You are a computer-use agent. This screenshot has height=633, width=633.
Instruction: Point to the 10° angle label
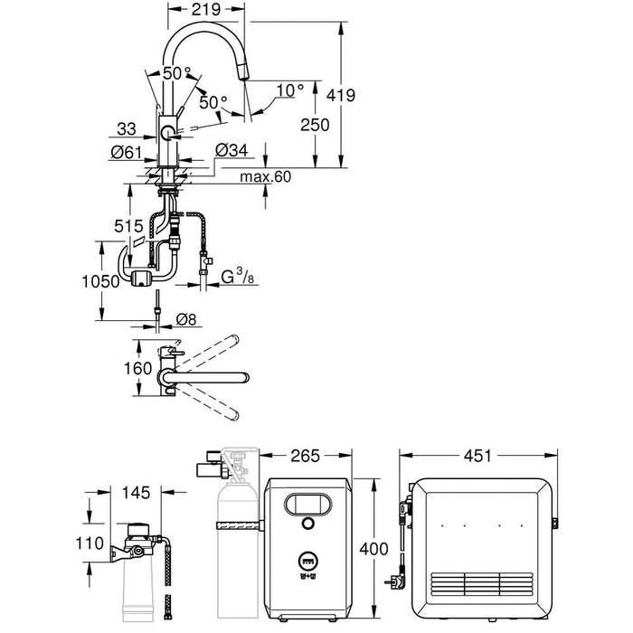[x=290, y=90]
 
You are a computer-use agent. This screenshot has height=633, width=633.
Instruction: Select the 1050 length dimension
[x=101, y=282]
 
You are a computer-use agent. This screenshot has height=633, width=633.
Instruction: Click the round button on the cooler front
[x=307, y=524]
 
